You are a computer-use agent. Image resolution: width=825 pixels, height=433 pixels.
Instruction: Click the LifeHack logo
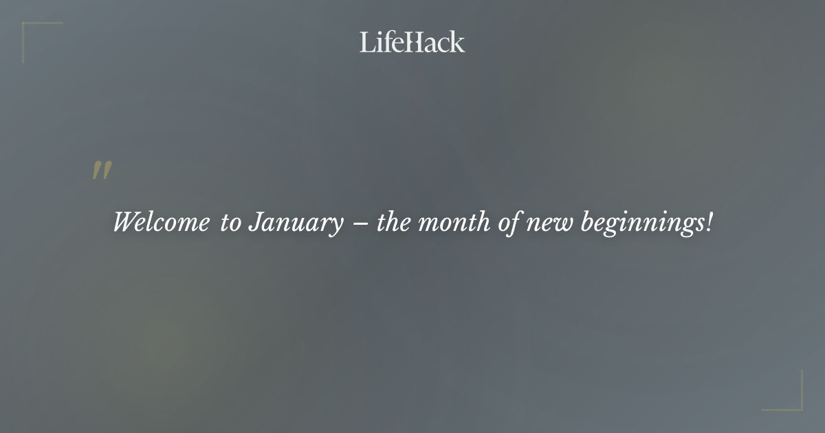click(412, 42)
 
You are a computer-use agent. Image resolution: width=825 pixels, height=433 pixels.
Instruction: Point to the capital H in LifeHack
click(411, 42)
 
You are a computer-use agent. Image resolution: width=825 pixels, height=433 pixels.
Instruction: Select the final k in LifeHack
click(458, 42)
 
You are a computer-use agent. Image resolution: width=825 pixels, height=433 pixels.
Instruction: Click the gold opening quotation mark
click(102, 170)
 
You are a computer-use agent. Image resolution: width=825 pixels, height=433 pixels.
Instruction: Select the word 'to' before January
click(230, 223)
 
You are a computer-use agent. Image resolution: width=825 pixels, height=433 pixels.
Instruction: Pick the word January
click(296, 224)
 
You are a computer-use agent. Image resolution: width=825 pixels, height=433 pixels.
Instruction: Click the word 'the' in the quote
click(393, 223)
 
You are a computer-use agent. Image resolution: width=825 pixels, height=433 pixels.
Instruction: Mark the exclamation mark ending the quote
click(709, 223)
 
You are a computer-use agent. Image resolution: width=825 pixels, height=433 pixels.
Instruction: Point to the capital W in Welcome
click(125, 223)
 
